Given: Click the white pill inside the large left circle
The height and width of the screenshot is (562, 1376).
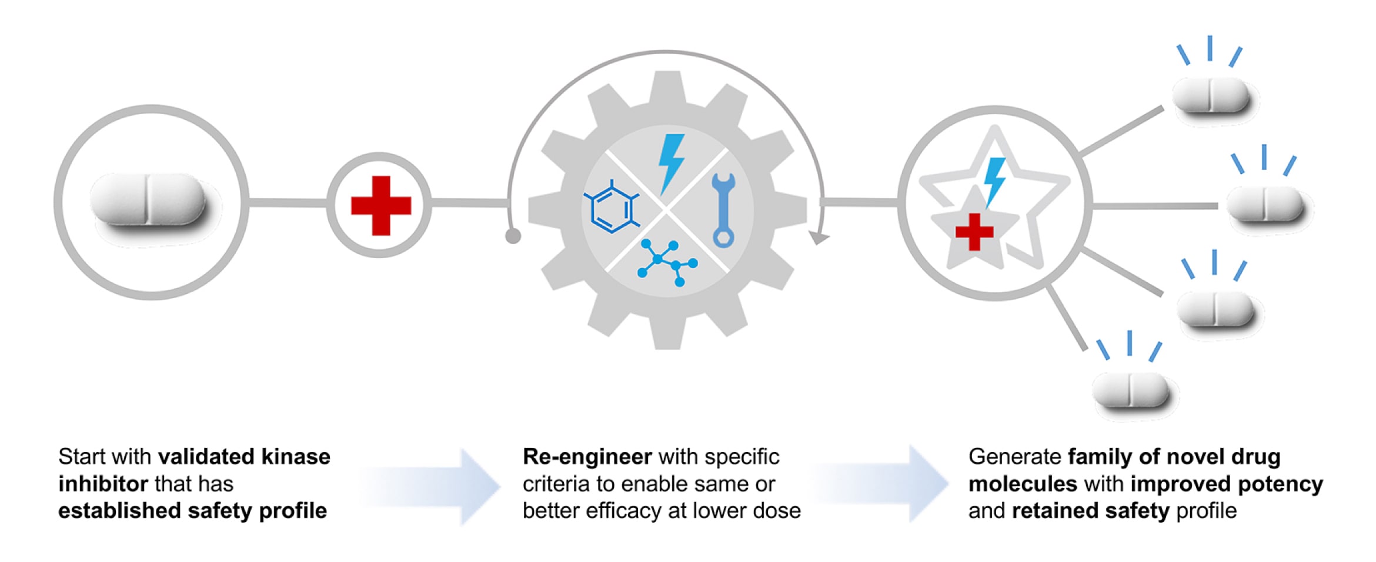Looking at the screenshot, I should (x=148, y=200).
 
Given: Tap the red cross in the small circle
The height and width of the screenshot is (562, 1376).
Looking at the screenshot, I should (x=380, y=206).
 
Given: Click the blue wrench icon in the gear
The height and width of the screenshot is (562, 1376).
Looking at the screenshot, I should (x=723, y=209).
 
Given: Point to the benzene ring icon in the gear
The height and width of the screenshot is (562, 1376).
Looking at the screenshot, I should (x=612, y=208).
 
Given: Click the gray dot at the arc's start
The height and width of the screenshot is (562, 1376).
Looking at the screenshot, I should (x=513, y=236).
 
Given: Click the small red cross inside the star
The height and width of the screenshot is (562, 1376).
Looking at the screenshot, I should (x=974, y=232).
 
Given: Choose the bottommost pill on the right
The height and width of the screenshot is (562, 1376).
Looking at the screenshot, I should (x=1130, y=390).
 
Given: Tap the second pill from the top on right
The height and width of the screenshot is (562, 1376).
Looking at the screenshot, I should (x=1265, y=204).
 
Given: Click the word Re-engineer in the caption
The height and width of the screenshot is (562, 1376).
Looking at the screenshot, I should (x=587, y=457).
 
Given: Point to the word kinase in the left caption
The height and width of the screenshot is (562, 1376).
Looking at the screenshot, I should (x=296, y=457).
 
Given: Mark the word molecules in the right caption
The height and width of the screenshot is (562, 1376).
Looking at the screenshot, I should (x=1022, y=484).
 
